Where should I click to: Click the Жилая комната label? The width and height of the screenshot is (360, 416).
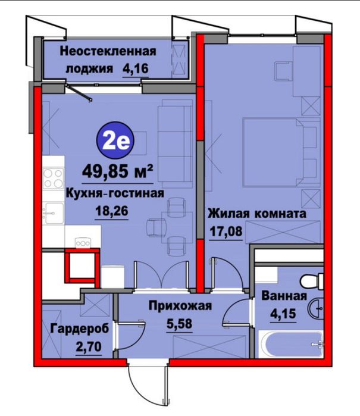point(256,214)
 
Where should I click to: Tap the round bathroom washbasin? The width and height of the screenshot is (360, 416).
point(316,308)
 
